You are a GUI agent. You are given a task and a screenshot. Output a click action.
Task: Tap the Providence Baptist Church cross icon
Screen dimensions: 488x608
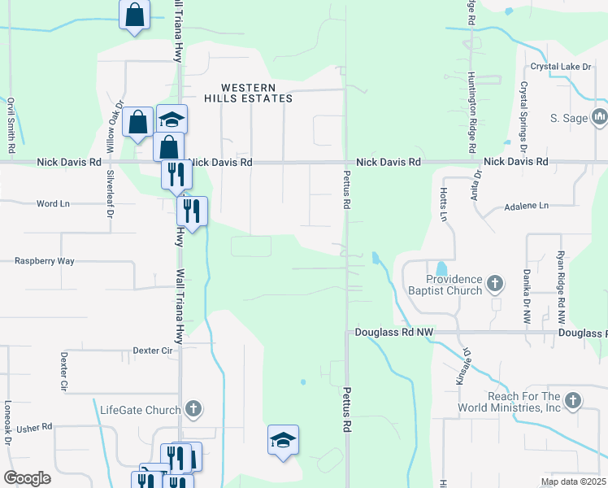pyautogui.click(x=496, y=284)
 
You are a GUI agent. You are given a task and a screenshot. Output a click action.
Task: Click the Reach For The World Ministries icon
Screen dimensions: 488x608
pyautogui.click(x=573, y=400)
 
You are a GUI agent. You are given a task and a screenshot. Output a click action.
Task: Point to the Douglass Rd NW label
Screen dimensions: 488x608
pyautogui.click(x=394, y=333)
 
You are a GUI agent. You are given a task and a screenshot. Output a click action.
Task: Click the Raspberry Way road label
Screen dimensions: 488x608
pyautogui.click(x=45, y=261)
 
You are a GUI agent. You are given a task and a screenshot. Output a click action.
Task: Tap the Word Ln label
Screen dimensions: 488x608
pyautogui.click(x=53, y=203)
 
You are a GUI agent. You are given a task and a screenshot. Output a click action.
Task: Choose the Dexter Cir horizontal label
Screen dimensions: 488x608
pyautogui.click(x=154, y=351)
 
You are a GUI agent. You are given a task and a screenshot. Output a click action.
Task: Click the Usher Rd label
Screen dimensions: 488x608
pyautogui.click(x=34, y=426)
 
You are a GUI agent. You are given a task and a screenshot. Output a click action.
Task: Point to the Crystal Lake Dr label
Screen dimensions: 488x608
pyautogui.click(x=560, y=67)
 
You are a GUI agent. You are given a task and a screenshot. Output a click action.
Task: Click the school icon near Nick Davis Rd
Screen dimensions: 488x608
pyautogui.click(x=172, y=120)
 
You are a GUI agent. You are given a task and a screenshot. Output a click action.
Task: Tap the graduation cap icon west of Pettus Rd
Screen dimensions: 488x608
pyautogui.click(x=283, y=440)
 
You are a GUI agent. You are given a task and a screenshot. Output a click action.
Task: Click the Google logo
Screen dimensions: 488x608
pyautogui.click(x=27, y=478)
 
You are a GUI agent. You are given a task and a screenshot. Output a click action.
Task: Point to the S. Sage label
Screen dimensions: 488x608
pyautogui.click(x=569, y=118)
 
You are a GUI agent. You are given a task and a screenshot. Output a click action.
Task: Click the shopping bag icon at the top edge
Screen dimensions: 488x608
pyautogui.click(x=134, y=15)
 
